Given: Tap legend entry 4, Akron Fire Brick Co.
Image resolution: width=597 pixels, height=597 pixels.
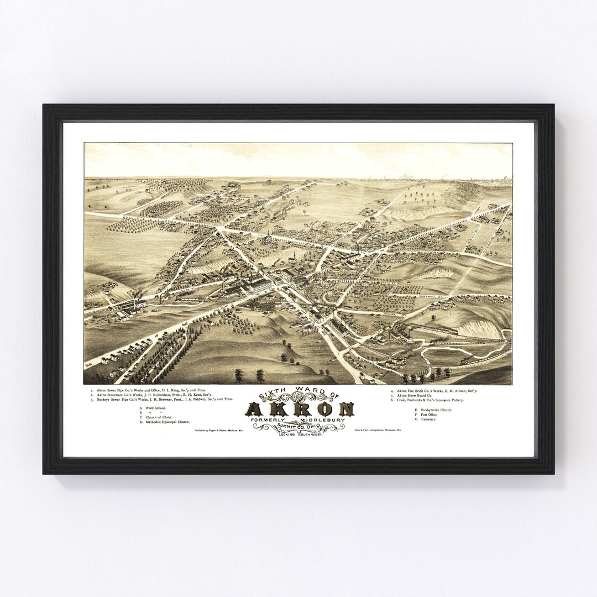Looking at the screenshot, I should [434, 391].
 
